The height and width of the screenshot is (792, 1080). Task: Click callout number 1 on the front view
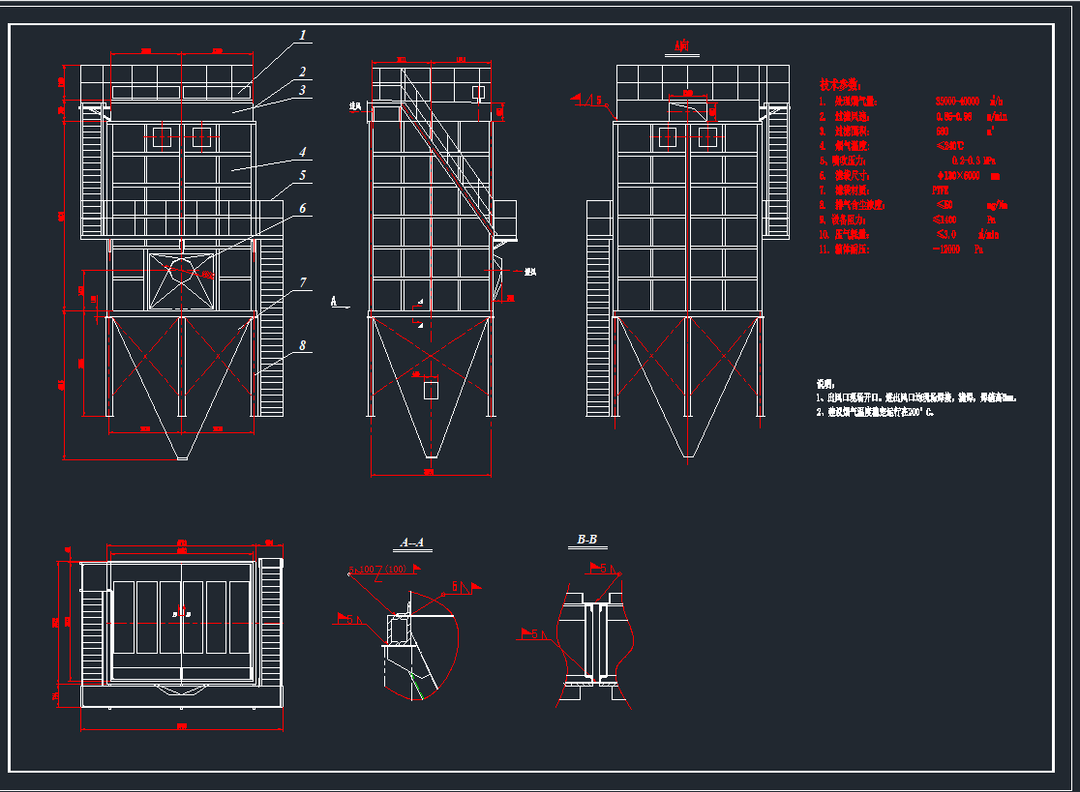302,36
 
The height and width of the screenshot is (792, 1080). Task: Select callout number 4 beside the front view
302,152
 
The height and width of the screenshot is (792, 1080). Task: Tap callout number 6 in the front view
302,208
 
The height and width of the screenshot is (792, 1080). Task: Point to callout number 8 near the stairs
302,345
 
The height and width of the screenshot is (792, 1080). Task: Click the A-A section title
414,543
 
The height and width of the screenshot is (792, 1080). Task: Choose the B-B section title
586,540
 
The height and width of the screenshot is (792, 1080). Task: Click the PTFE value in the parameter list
940,191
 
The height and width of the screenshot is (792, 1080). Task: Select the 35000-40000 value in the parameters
957,101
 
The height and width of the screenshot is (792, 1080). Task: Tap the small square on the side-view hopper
431,390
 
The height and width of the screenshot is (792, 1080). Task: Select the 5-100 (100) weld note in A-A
378,570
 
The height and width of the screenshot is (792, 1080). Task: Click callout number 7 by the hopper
302,282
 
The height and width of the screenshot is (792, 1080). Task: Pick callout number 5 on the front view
302,176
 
